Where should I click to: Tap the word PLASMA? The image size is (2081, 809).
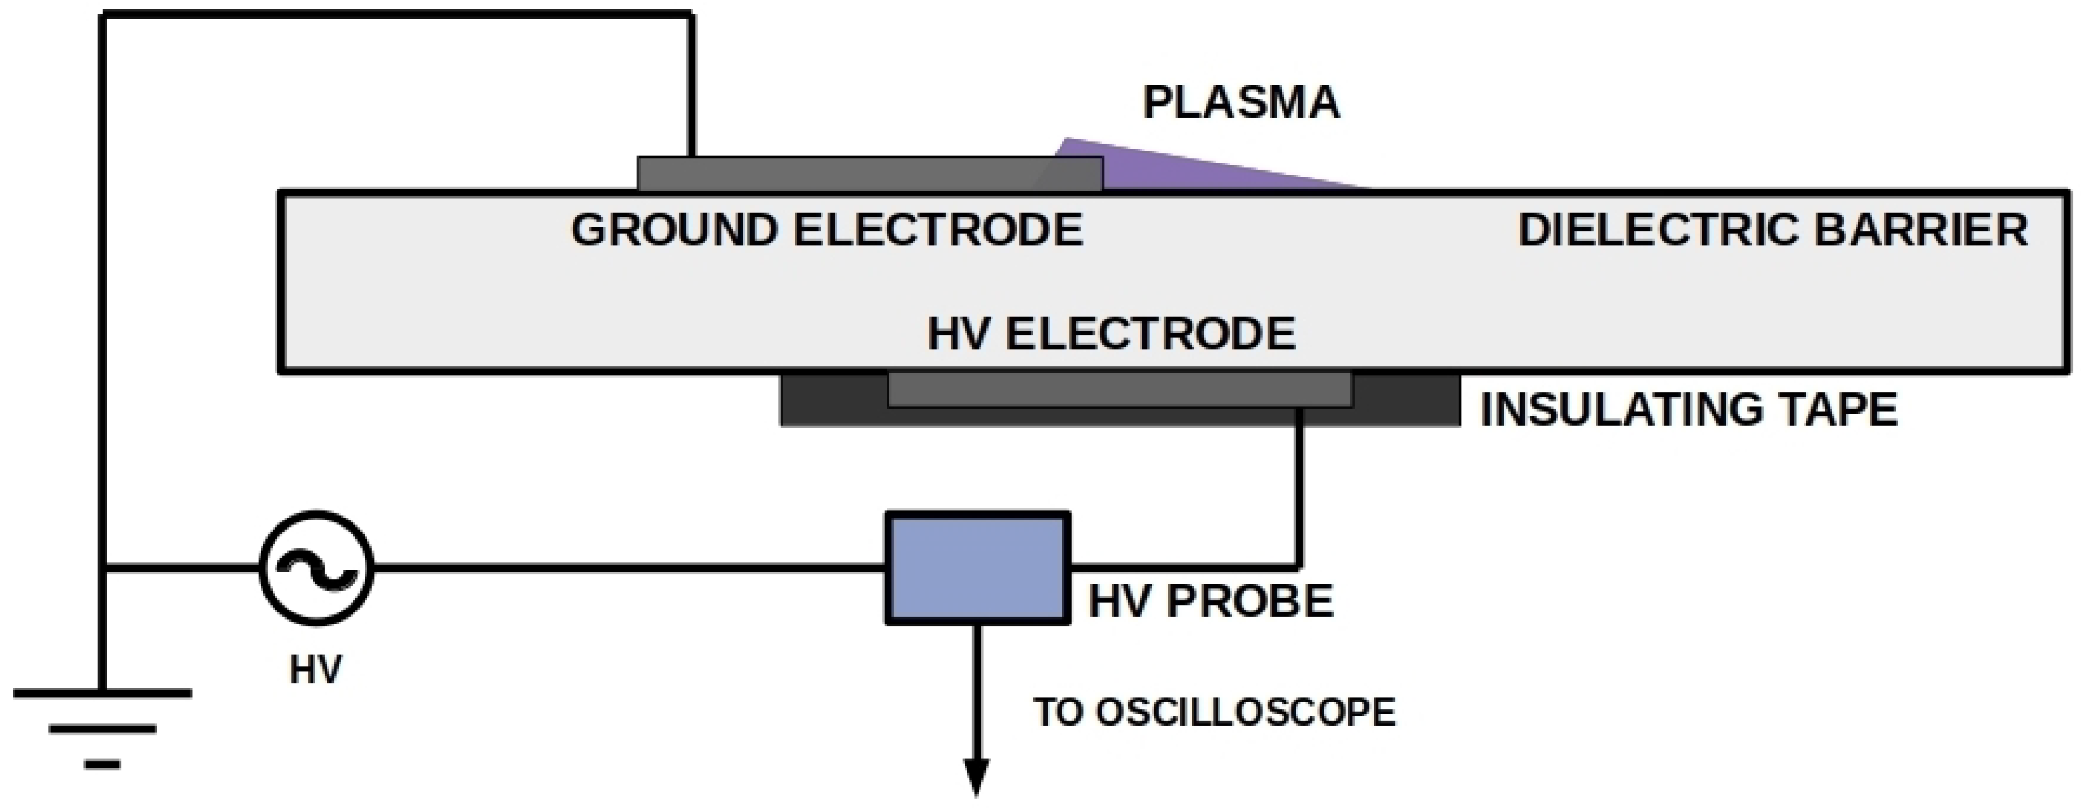click(1241, 104)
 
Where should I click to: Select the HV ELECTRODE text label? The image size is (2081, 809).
click(1111, 333)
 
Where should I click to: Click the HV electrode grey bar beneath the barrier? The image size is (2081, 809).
click(1119, 389)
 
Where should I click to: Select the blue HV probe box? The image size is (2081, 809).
click(977, 568)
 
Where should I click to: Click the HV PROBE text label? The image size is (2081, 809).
click(1210, 602)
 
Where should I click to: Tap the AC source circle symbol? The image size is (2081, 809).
click(316, 568)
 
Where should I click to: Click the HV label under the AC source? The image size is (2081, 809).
click(316, 670)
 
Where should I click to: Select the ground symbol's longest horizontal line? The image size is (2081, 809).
click(103, 693)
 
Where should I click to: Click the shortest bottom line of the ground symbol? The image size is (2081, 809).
click(102, 764)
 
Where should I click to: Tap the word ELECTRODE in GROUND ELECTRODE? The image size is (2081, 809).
click(937, 229)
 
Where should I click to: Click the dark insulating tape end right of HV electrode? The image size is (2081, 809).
click(1406, 398)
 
